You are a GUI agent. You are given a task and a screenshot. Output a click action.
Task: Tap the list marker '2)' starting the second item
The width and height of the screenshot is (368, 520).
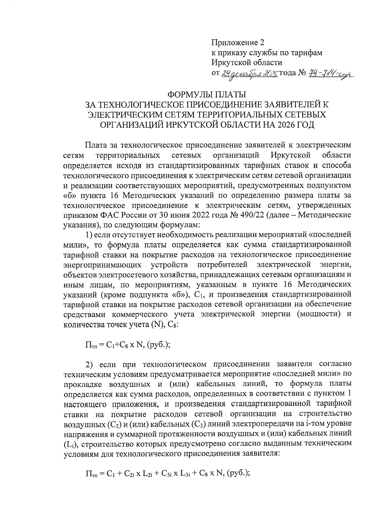(x=89, y=364)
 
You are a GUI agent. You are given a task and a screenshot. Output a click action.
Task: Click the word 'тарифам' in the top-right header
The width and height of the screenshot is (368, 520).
(x=309, y=53)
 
